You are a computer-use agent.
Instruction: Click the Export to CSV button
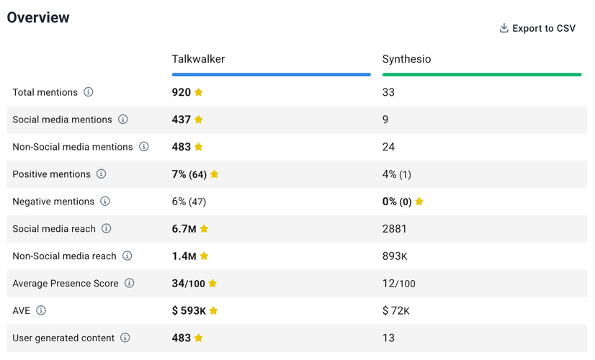click(x=537, y=29)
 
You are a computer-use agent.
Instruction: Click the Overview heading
click(x=38, y=18)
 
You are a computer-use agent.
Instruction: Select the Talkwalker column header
click(x=198, y=59)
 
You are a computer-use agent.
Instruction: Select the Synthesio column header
click(x=407, y=59)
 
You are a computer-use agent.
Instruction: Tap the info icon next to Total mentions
click(x=89, y=92)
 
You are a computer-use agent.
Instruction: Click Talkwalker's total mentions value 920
click(x=181, y=92)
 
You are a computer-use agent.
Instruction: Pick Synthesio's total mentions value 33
click(x=389, y=92)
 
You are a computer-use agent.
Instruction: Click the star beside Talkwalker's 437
click(x=199, y=120)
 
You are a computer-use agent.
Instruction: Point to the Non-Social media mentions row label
click(x=73, y=147)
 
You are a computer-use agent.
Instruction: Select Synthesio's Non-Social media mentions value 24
click(x=389, y=147)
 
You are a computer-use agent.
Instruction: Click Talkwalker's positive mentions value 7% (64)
click(x=189, y=174)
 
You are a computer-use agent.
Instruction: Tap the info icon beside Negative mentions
click(x=105, y=202)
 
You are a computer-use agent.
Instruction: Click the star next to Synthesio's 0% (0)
click(x=419, y=202)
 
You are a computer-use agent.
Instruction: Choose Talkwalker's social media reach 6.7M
click(x=184, y=229)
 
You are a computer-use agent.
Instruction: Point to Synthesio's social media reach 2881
click(x=395, y=229)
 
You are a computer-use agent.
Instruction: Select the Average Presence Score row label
click(x=66, y=284)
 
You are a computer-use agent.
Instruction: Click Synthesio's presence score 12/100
click(x=399, y=284)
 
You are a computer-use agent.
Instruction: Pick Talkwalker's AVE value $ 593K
click(x=189, y=311)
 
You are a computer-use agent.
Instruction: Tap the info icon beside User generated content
click(x=125, y=338)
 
